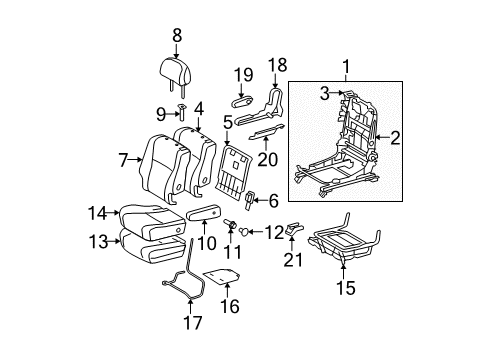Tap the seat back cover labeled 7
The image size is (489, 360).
(161, 162)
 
